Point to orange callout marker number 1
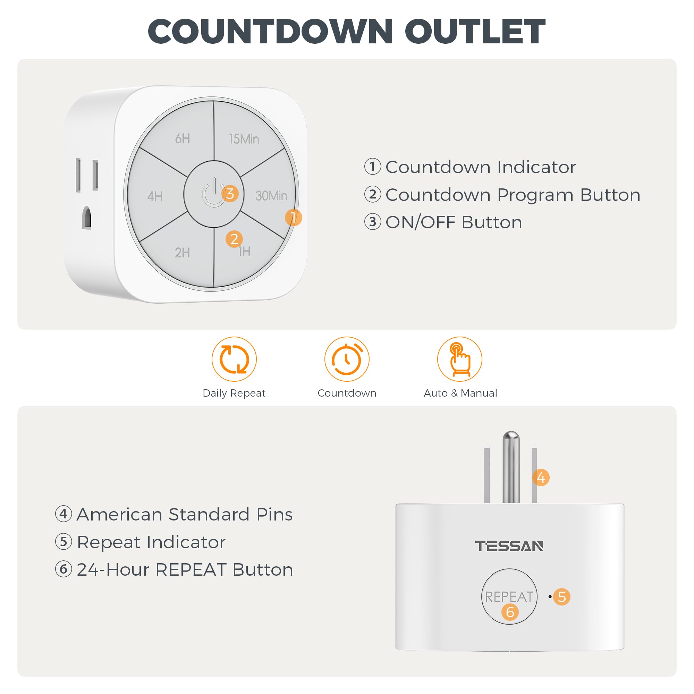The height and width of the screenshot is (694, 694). coord(293,217)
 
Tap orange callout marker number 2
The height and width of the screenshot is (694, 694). coord(234,239)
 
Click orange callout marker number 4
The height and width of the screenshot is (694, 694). coord(541,477)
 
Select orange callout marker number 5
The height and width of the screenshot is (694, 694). coord(562,596)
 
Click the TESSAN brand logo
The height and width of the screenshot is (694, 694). coord(509,546)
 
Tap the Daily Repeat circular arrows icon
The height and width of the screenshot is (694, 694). coord(234,359)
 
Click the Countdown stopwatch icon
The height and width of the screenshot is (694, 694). coord(347,359)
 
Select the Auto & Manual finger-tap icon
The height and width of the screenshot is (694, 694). coord(459,359)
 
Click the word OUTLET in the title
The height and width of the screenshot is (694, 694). coord(475,31)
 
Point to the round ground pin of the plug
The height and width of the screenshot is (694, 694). coord(511,467)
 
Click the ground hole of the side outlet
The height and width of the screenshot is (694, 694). coord(86,217)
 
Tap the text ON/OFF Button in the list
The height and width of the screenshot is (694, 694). coord(454,222)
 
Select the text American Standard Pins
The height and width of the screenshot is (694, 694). coord(185,514)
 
